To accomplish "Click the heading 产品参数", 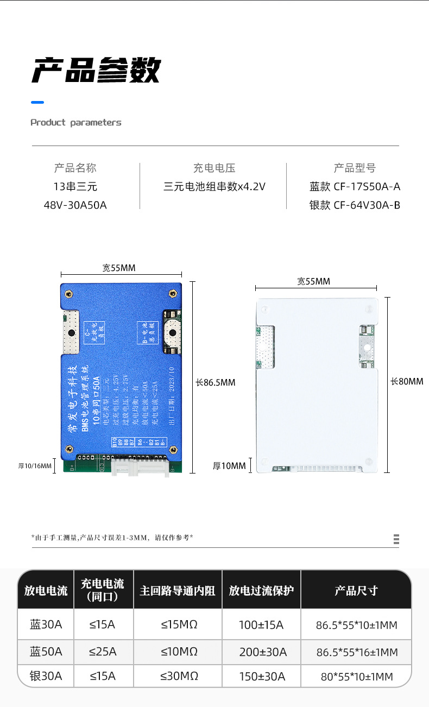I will (x=96, y=71).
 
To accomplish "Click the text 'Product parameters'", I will (x=76, y=123).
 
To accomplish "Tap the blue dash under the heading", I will (x=37, y=102).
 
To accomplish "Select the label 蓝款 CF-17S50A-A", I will (x=355, y=187).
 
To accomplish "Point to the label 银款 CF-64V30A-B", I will (x=355, y=205).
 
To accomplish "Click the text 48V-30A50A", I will (x=75, y=205).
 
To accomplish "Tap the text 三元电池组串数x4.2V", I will (x=214, y=187).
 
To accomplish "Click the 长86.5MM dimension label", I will (x=216, y=382).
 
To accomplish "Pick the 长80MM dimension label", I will (x=407, y=382).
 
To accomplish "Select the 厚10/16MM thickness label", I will (x=35, y=466).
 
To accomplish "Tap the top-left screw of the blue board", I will (x=69, y=294).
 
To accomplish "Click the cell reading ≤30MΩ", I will (x=179, y=676).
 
